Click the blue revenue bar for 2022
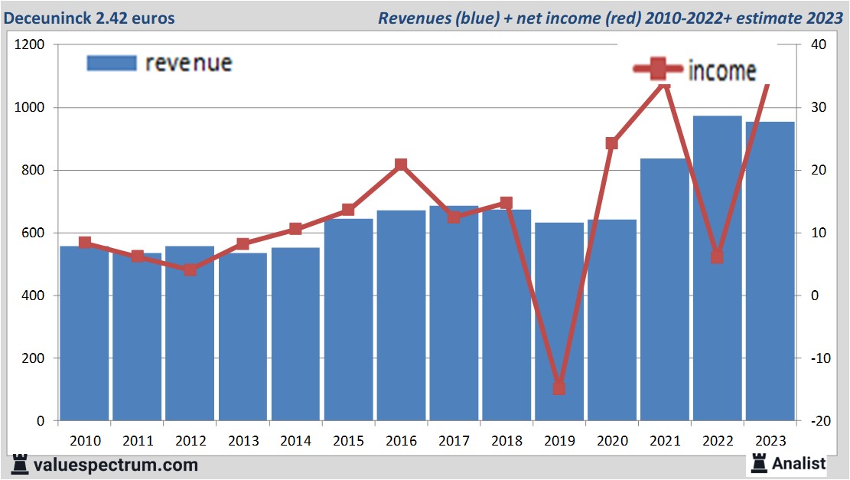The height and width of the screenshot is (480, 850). [718, 268]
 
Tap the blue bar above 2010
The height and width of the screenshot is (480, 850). [84, 333]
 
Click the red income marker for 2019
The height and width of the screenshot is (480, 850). [559, 388]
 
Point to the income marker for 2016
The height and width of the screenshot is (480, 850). [401, 165]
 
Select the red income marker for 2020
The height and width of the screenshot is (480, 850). [612, 143]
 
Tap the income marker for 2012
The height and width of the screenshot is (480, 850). [190, 269]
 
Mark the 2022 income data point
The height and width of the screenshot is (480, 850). [717, 257]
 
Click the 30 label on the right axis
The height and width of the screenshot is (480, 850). [818, 108]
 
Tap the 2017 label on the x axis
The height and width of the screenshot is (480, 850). [454, 441]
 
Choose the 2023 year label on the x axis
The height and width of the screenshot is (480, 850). [770, 441]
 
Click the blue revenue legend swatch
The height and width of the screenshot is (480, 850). [112, 63]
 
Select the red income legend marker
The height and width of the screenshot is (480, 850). [657, 70]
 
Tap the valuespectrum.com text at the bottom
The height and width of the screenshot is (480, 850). [115, 465]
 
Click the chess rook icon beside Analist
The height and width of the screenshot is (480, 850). [759, 462]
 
